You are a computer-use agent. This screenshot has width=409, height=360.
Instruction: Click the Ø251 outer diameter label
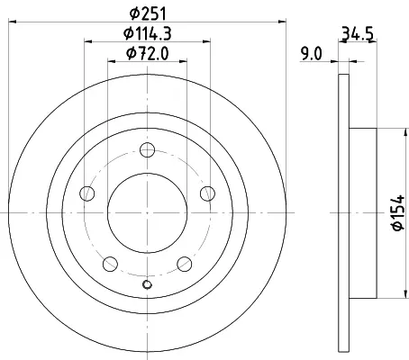coord(148,13)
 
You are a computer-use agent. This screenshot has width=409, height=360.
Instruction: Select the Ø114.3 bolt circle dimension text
coord(148,33)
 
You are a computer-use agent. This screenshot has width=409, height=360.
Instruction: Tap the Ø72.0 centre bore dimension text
coord(148,54)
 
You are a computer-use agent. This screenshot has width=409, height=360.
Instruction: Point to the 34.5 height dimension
coord(358,33)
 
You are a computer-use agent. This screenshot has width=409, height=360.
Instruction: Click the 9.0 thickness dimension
coord(312,54)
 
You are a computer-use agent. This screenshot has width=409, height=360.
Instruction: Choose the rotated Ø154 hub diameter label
coord(398,212)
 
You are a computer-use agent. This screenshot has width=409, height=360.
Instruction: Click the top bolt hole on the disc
coord(148,149)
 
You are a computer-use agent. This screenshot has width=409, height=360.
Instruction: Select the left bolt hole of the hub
coord(87,193)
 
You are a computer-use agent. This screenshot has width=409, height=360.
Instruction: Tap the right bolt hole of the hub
coord(207,193)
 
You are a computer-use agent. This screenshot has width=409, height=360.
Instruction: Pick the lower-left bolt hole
coord(110,264)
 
